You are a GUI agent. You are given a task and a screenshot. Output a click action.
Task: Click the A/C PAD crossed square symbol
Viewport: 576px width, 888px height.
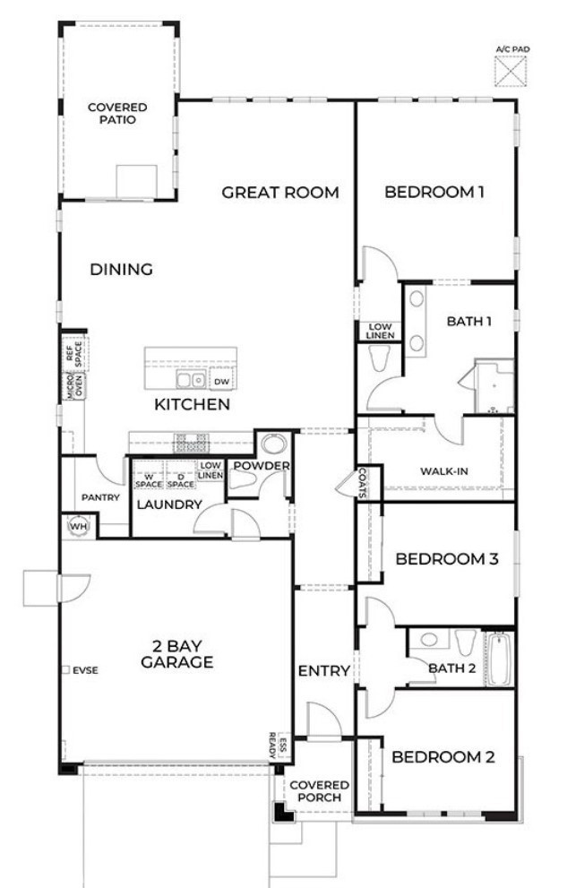(x=512, y=70)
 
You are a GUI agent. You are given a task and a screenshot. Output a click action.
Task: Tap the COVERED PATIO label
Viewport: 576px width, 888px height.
(x=117, y=113)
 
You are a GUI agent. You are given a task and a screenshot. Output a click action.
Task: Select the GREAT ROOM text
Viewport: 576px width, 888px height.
(x=280, y=192)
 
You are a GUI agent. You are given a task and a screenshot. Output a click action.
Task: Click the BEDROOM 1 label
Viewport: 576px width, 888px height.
(x=434, y=192)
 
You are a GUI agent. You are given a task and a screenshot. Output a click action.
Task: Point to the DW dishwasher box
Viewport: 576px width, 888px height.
(x=220, y=381)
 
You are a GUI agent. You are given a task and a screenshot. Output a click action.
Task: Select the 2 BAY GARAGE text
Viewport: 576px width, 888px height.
(x=176, y=654)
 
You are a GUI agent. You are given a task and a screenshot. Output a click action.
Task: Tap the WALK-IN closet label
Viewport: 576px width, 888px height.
(x=443, y=472)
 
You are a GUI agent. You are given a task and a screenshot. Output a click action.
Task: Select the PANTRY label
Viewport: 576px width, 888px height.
(x=100, y=497)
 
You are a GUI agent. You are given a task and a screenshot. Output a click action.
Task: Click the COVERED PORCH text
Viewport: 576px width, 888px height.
(x=319, y=790)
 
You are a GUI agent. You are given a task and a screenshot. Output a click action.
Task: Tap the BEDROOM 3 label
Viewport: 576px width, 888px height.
(x=446, y=559)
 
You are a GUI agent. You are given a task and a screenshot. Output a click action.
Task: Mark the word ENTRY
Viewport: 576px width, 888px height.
(x=323, y=670)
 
